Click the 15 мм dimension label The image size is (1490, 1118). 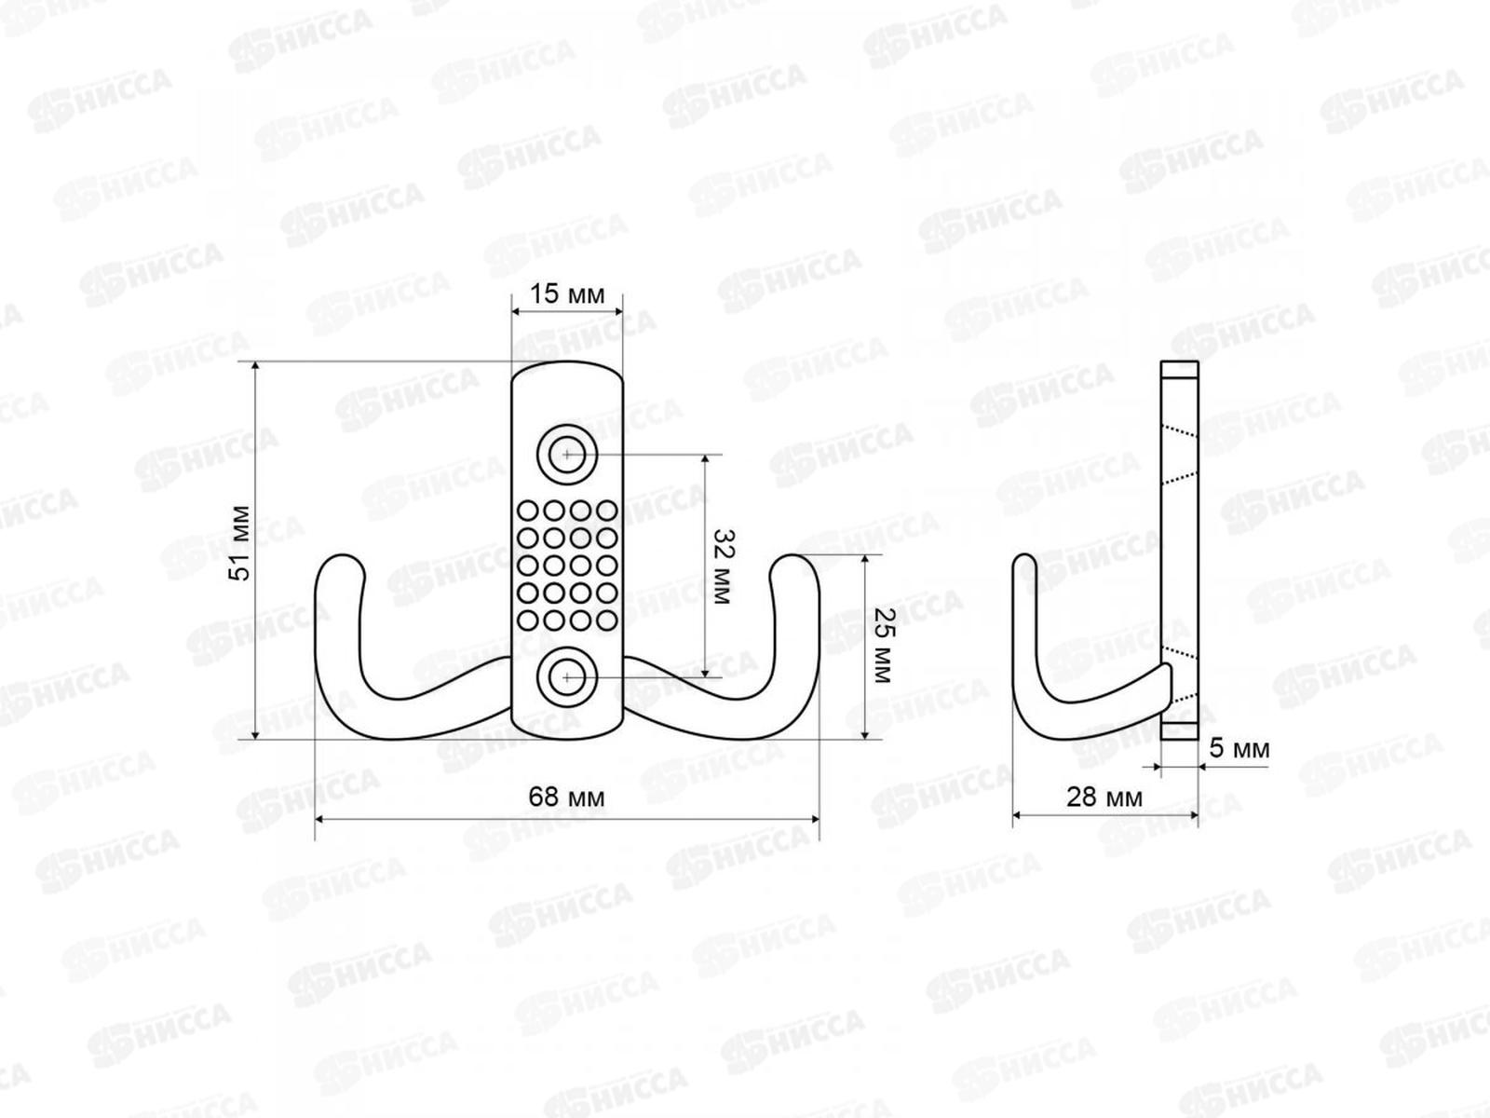(x=567, y=294)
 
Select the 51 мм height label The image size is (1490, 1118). (x=240, y=543)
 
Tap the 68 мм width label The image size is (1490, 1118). (x=567, y=797)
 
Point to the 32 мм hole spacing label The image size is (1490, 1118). (x=724, y=566)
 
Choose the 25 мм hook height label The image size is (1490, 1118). (x=884, y=646)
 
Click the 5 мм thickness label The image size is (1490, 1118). (x=1239, y=749)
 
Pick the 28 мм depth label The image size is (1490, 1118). (x=1104, y=797)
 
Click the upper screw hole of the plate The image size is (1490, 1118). (x=567, y=454)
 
